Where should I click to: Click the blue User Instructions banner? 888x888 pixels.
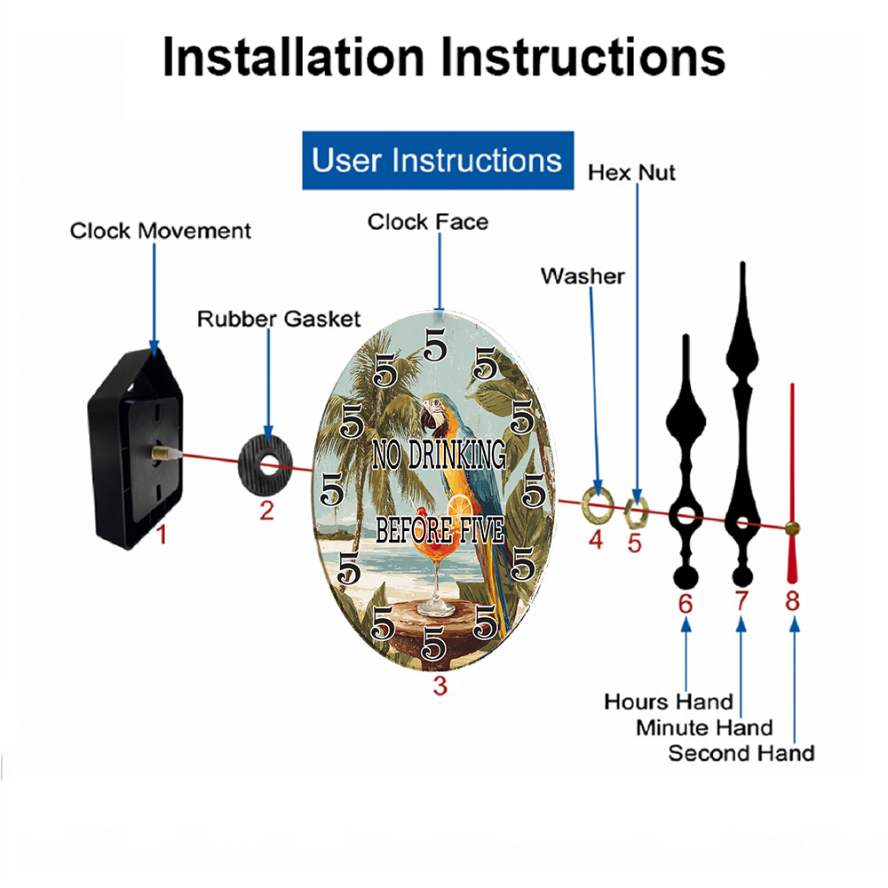click(438, 160)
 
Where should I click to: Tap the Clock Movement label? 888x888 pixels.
click(160, 231)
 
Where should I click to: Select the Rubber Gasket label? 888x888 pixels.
click(279, 319)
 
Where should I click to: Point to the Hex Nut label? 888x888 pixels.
click(631, 173)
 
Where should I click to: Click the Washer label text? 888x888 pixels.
click(583, 276)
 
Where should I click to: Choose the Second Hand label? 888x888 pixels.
click(741, 753)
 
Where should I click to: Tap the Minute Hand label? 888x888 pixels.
click(704, 727)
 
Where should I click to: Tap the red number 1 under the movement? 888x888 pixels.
click(162, 535)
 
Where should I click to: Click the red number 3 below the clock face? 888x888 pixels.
click(440, 686)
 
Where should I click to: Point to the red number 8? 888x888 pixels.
click(792, 601)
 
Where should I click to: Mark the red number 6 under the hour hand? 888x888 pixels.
click(686, 604)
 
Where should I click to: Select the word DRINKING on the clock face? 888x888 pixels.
click(457, 454)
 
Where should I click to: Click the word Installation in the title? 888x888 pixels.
click(293, 57)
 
